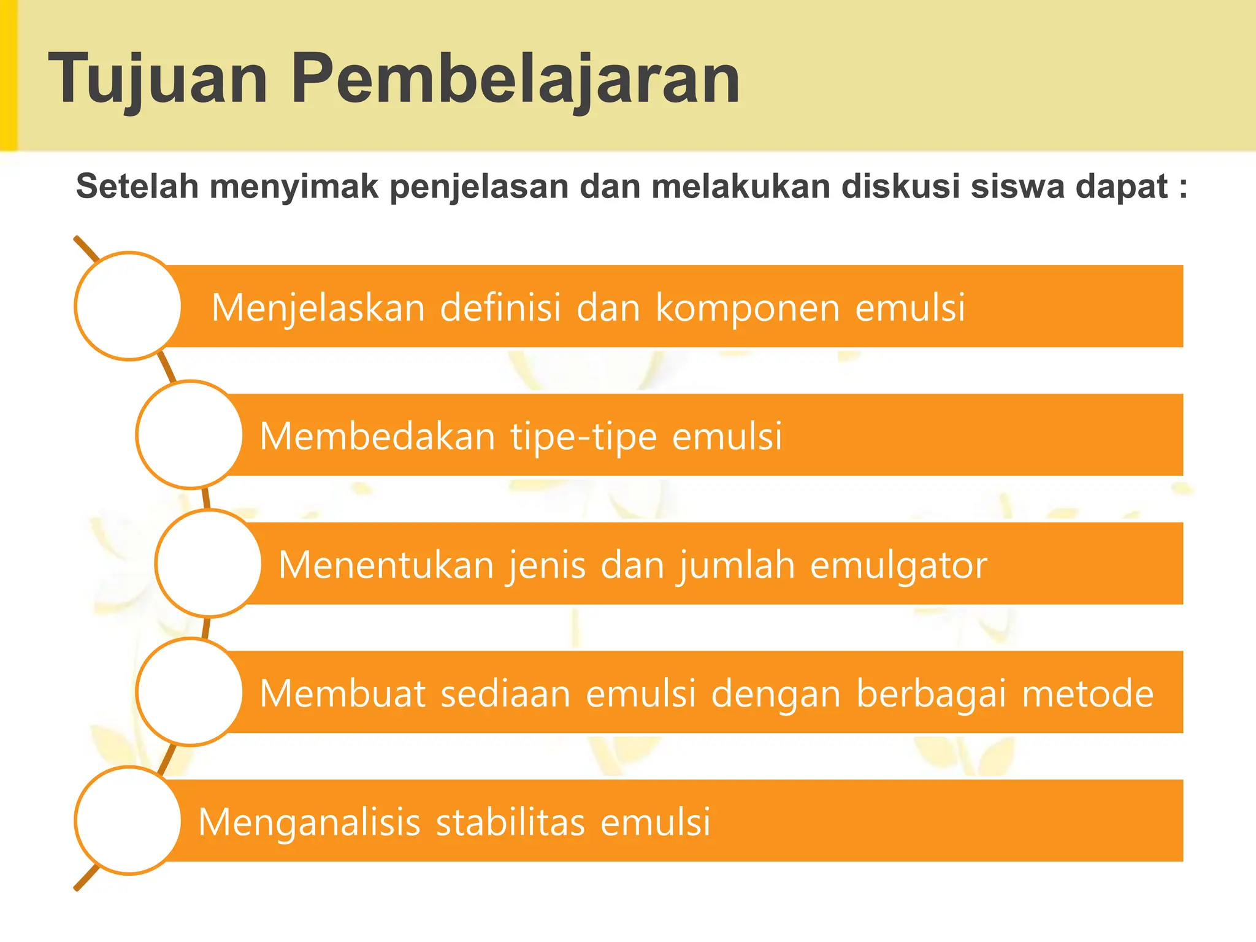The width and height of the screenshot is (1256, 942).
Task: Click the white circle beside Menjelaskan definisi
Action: (x=128, y=306)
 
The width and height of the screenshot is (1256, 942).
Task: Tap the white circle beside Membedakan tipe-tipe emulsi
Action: (x=190, y=435)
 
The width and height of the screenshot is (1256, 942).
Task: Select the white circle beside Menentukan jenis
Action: (x=209, y=563)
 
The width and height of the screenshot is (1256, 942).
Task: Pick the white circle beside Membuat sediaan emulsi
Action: (x=190, y=692)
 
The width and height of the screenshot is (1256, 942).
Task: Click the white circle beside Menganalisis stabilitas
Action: (x=128, y=821)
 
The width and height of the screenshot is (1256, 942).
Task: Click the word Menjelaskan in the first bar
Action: (x=318, y=308)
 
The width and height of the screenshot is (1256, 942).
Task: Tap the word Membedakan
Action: (x=377, y=437)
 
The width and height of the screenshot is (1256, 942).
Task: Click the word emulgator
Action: (x=898, y=565)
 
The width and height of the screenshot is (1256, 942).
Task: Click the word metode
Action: (x=1087, y=694)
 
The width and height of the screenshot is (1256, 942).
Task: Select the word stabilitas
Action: (x=510, y=822)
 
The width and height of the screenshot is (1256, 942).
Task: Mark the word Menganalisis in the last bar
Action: (x=309, y=824)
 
